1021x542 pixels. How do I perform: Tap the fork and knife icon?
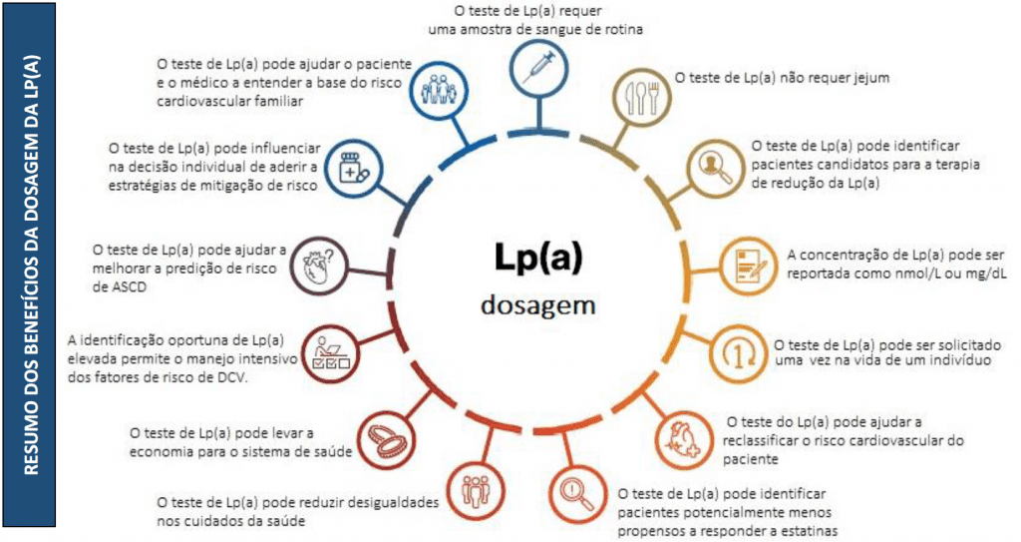coord(639,96)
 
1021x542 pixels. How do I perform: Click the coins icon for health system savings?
coord(382,435)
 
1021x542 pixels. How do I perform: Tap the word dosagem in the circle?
coord(537,303)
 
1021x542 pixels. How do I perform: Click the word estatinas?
coord(803,530)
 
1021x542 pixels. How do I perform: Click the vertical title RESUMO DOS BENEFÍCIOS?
coord(31,270)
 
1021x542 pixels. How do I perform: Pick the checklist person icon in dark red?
coord(326,351)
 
